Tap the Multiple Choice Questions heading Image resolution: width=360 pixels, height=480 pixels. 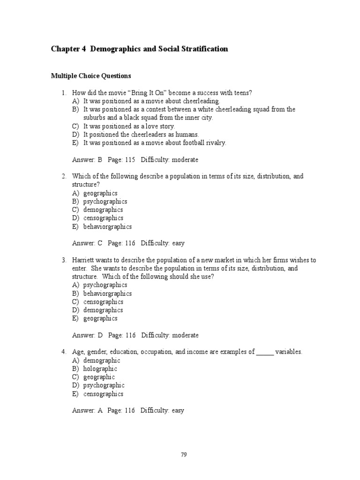point(91,75)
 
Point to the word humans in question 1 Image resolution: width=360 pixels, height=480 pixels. point(182,135)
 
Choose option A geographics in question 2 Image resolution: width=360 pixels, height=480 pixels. point(100,193)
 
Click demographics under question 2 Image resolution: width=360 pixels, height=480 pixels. point(103,210)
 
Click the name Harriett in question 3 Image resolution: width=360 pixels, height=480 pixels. point(84,260)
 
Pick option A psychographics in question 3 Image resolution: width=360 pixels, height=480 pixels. point(105,285)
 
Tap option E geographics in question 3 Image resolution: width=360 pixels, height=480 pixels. point(100,318)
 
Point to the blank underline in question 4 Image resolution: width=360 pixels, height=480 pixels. point(265,352)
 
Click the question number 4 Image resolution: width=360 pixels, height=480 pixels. point(63,352)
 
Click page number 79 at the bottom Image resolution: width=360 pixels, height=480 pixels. point(184,454)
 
